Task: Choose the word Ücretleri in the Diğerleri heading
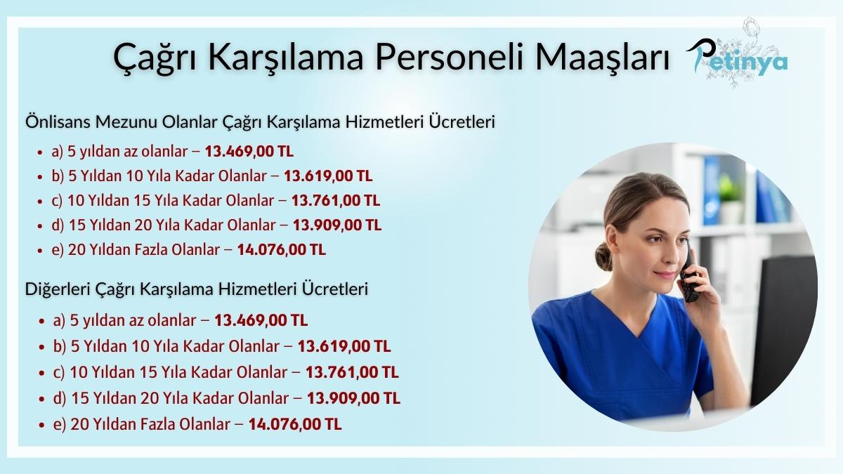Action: coord(335,289)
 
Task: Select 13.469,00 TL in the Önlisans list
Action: coord(249,151)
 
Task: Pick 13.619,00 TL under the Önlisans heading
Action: coord(328,176)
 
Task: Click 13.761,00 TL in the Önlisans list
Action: coord(335,200)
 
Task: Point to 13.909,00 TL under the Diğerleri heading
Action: coord(355,398)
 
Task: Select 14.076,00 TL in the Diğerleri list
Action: coord(295,424)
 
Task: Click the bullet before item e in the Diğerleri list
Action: coord(44,425)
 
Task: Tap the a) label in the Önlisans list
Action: coord(58,151)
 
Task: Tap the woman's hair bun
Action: coord(603,256)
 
